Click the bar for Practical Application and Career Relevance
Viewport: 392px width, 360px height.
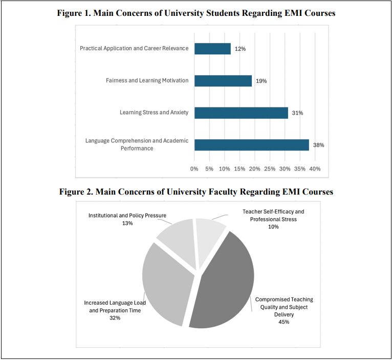(x=212, y=49)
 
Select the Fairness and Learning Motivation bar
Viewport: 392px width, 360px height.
(x=223, y=80)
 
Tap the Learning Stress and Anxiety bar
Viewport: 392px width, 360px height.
(x=241, y=113)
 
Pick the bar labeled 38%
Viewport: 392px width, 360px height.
(x=251, y=145)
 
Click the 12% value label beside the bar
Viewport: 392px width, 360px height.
(x=240, y=49)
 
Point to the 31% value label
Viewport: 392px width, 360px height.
(x=297, y=113)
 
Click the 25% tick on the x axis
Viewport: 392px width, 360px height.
(x=270, y=168)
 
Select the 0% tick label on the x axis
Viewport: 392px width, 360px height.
(x=194, y=168)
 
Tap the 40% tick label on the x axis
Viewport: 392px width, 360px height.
(x=315, y=168)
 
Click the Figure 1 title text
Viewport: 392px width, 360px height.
(x=196, y=14)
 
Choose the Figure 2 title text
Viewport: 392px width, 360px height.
(x=196, y=192)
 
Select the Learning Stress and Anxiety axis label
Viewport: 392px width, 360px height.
(x=154, y=113)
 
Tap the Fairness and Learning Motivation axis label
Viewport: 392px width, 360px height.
(x=147, y=80)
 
